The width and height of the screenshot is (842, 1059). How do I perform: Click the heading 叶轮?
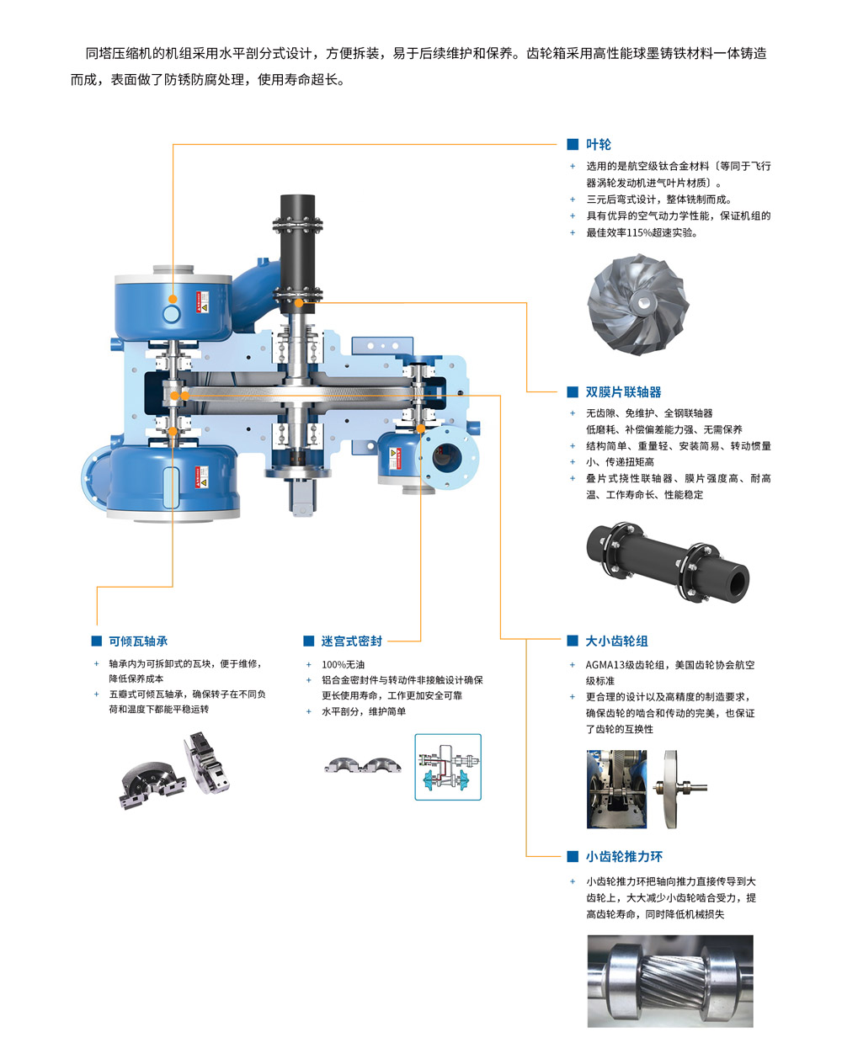point(598,144)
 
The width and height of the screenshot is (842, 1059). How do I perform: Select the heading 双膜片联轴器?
point(623,391)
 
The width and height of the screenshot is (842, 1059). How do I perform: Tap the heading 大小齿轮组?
point(616,641)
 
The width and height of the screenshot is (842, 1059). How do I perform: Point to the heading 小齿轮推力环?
point(624,856)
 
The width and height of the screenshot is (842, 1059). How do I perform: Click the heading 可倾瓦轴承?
point(138,641)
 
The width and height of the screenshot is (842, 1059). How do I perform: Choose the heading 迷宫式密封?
point(352,641)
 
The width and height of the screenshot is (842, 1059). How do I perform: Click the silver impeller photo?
point(638,304)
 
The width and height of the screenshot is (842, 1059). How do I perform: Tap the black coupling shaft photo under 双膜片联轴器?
point(667,562)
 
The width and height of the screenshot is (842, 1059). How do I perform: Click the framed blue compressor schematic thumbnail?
point(448,767)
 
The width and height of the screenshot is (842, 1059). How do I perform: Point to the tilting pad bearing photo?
point(175,770)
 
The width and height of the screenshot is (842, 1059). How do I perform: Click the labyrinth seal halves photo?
point(362,764)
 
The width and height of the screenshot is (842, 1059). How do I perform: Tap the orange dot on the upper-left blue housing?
point(173,299)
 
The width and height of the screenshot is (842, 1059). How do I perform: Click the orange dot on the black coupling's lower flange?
point(299,303)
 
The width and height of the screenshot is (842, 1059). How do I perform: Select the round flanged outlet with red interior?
point(447,457)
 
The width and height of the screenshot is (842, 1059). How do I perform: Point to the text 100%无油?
point(344,664)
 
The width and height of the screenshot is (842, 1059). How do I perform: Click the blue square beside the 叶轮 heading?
point(573,144)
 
